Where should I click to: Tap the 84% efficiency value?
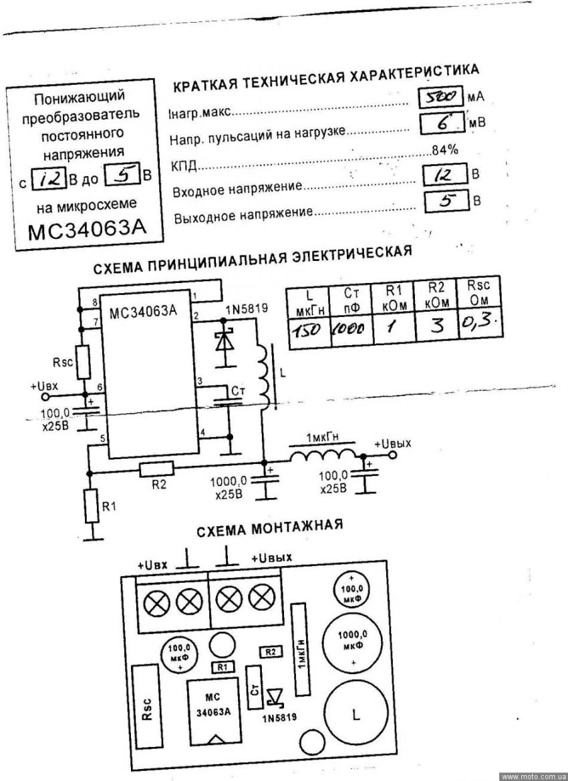(445, 150)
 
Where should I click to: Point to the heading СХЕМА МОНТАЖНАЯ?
(270, 529)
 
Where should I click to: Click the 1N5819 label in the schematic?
(247, 308)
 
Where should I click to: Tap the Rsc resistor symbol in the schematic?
(84, 362)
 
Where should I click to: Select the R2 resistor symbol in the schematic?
(157, 469)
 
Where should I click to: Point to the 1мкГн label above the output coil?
(323, 438)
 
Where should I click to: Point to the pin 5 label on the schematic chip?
(102, 439)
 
